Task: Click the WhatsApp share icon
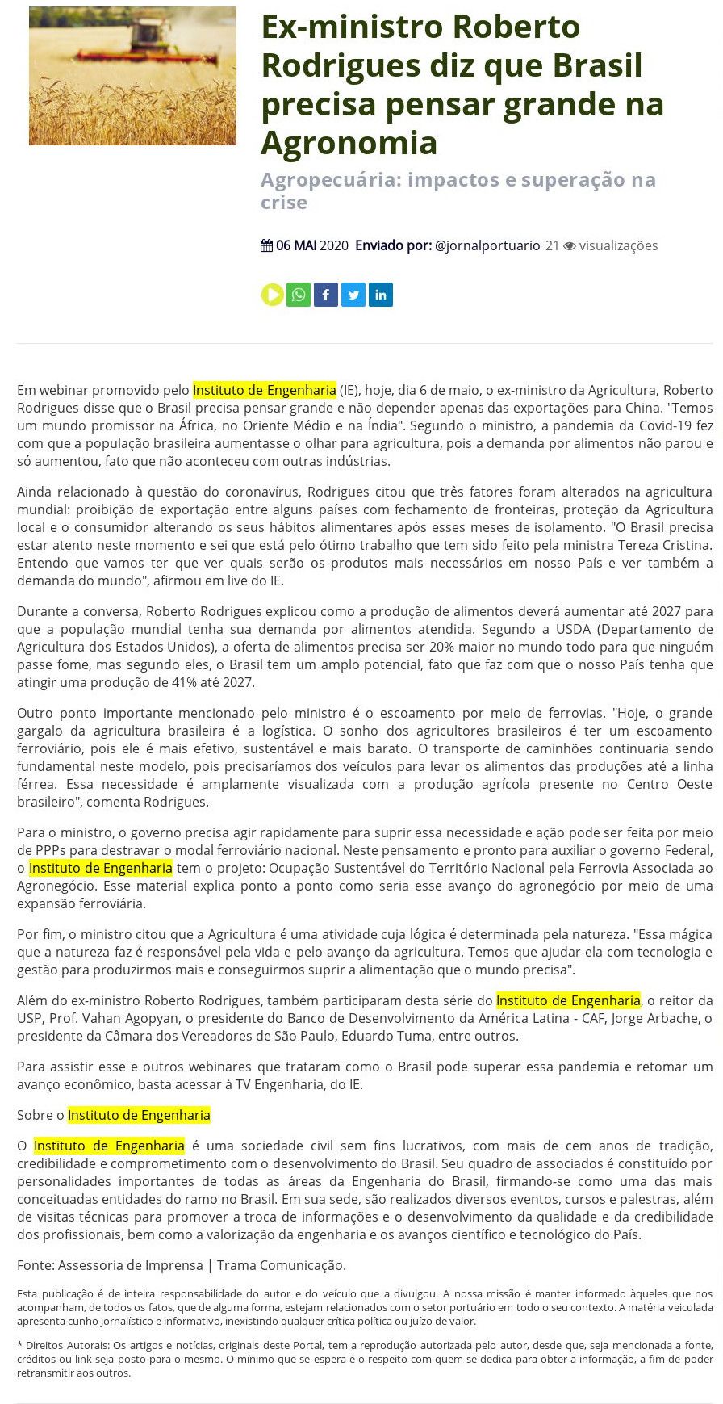(x=299, y=295)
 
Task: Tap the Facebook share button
(x=326, y=295)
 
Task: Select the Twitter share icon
(x=353, y=295)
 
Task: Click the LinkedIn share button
(x=381, y=295)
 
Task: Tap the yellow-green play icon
(x=272, y=295)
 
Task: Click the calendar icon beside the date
(x=266, y=245)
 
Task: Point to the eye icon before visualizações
(x=570, y=245)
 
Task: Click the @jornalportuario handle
(x=487, y=245)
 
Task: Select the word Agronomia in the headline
(x=349, y=143)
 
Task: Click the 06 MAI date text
(x=295, y=245)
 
